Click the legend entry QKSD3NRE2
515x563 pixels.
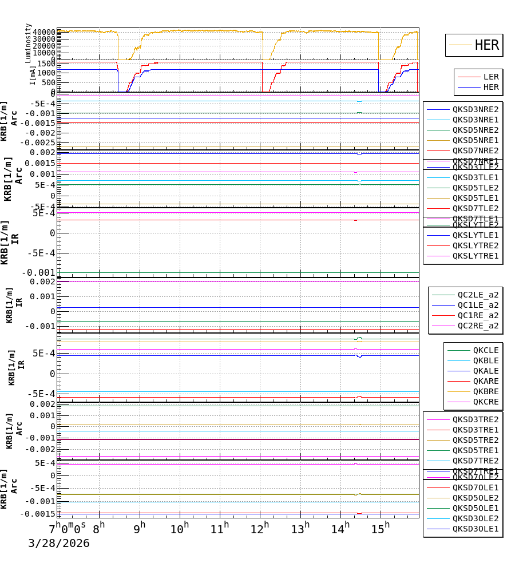(x=475, y=109)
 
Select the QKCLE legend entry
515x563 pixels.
(x=485, y=350)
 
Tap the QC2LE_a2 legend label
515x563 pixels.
(x=478, y=295)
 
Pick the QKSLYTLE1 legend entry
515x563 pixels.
(x=475, y=235)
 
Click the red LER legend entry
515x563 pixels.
(x=490, y=77)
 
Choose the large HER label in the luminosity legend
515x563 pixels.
(x=486, y=45)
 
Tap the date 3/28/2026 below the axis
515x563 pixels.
(x=59, y=544)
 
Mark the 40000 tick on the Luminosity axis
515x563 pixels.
(x=44, y=32)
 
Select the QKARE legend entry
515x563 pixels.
(x=485, y=381)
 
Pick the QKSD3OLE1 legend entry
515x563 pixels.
(x=475, y=529)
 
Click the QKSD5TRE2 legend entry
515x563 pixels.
(x=475, y=440)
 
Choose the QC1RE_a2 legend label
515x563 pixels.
(x=478, y=315)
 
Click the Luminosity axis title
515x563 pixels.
(x=28, y=43)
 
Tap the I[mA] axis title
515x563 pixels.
(x=33, y=75)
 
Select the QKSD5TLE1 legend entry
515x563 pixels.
(x=475, y=198)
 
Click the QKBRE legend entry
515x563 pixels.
(x=485, y=391)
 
